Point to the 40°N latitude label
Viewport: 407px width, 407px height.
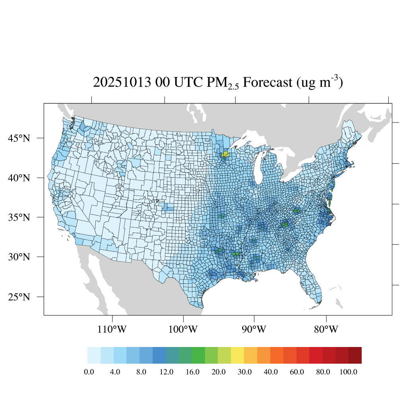pyautogui.click(x=19, y=178)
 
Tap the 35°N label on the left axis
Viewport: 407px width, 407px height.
pyautogui.click(x=19, y=217)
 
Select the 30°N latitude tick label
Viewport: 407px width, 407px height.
pyautogui.click(x=19, y=257)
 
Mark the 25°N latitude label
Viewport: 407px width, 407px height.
pyautogui.click(x=19, y=297)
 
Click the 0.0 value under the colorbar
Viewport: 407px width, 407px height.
pyautogui.click(x=89, y=372)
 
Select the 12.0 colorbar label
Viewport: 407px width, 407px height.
pyautogui.click(x=166, y=372)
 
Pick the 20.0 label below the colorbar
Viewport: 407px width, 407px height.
pyautogui.click(x=218, y=372)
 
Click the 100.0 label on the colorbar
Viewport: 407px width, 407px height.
pyautogui.click(x=349, y=372)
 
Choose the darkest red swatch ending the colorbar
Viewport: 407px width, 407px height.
pyautogui.click(x=355, y=355)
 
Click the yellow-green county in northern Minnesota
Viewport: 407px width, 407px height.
pyautogui.click(x=225, y=154)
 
